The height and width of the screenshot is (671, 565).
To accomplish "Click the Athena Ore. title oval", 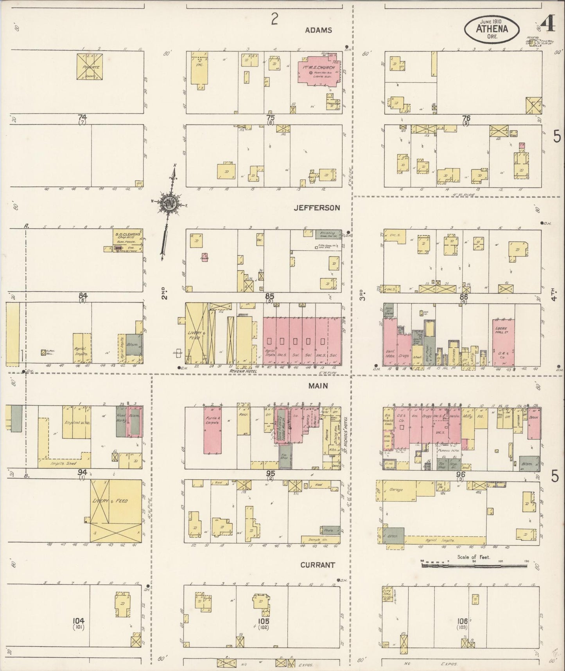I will tap(491, 28).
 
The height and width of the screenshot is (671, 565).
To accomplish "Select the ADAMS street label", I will tap(319, 30).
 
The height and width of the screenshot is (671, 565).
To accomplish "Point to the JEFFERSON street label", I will tap(317, 208).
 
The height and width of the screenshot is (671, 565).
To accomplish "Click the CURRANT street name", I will tap(317, 565).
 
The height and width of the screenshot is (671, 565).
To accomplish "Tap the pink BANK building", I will tap(534, 423).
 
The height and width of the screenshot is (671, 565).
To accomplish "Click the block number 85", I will tap(270, 296).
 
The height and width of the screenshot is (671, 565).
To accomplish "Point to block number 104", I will tap(79, 620).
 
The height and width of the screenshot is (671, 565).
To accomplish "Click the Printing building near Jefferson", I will tap(328, 234).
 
